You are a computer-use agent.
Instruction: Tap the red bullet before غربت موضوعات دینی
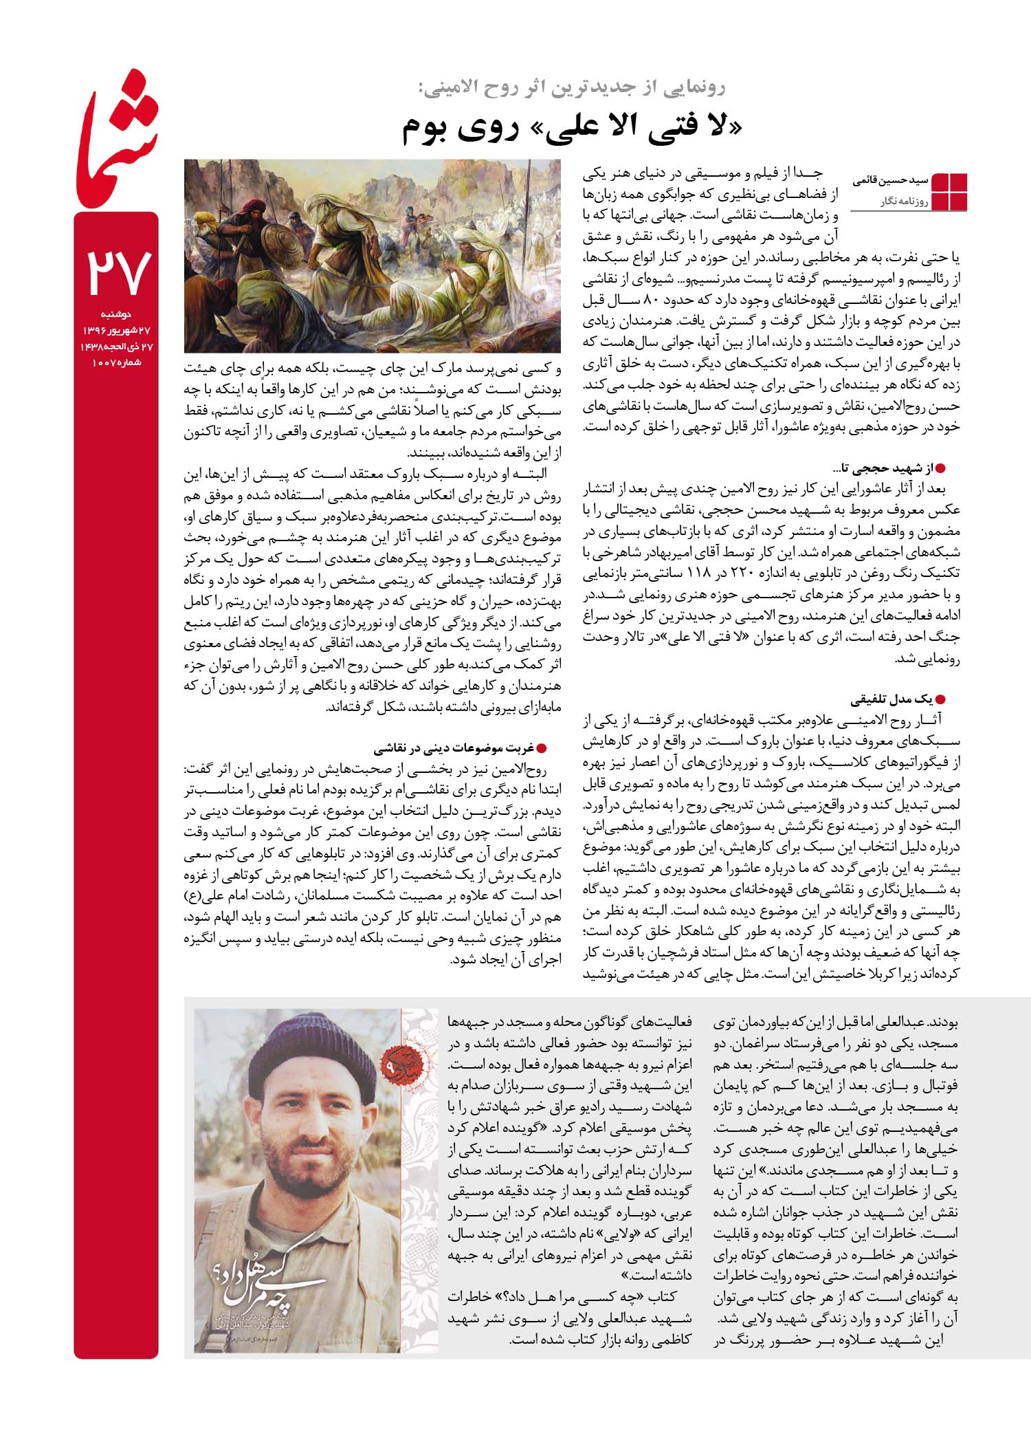[540, 748]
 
